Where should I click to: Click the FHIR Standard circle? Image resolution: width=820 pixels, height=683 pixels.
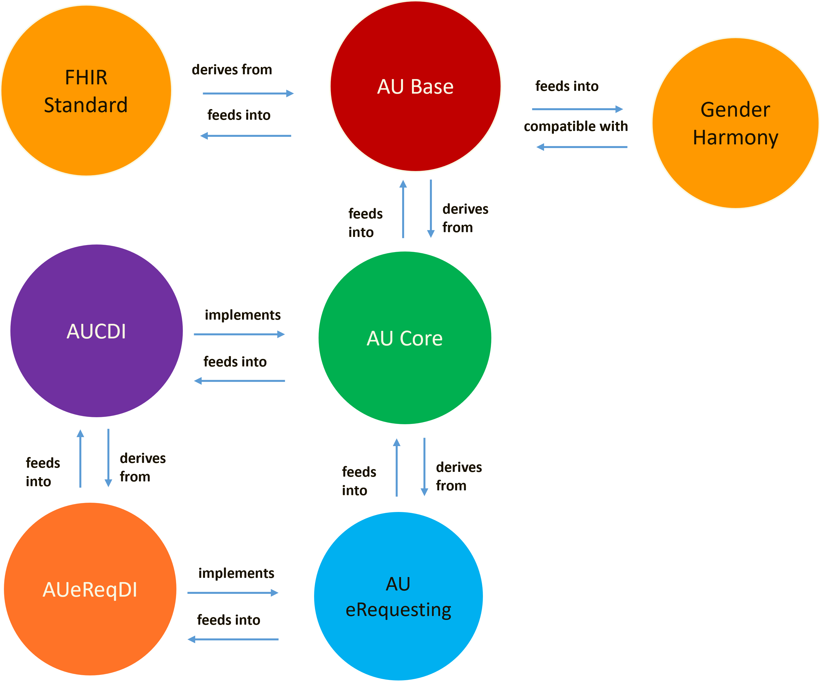click(86, 91)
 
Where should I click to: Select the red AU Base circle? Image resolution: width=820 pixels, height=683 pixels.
click(415, 86)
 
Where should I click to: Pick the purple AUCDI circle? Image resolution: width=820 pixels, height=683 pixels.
click(96, 331)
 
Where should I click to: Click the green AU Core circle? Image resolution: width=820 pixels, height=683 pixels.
click(405, 338)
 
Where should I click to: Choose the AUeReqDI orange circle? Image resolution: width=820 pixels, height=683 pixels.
click(90, 589)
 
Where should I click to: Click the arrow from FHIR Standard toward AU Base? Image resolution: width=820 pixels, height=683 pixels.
click(248, 93)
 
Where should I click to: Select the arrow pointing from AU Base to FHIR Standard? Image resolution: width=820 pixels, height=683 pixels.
click(246, 136)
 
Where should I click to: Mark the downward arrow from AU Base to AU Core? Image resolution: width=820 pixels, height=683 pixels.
click(431, 209)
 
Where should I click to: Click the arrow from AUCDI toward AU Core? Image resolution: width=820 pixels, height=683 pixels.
click(239, 334)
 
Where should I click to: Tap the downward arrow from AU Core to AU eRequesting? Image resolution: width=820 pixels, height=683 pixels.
click(425, 467)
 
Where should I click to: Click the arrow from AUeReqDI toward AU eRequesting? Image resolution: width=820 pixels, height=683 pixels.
click(233, 593)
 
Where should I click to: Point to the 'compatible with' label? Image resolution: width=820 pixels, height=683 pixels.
click(576, 126)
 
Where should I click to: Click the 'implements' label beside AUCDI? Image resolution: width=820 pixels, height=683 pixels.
click(243, 315)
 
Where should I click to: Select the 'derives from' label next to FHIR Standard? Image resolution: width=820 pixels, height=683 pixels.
click(232, 70)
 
